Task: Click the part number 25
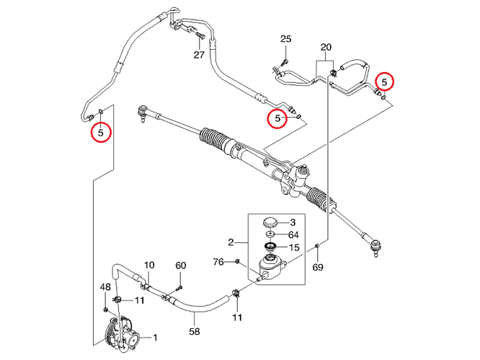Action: (285, 39)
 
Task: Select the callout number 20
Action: (326, 48)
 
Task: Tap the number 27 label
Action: (199, 55)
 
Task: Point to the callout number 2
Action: (231, 242)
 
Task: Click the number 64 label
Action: (293, 234)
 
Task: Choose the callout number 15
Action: (293, 247)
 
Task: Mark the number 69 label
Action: (319, 267)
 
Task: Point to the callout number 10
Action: (149, 265)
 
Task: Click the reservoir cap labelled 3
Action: (271, 221)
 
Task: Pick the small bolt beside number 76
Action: (236, 260)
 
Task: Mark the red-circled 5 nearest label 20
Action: (386, 81)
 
